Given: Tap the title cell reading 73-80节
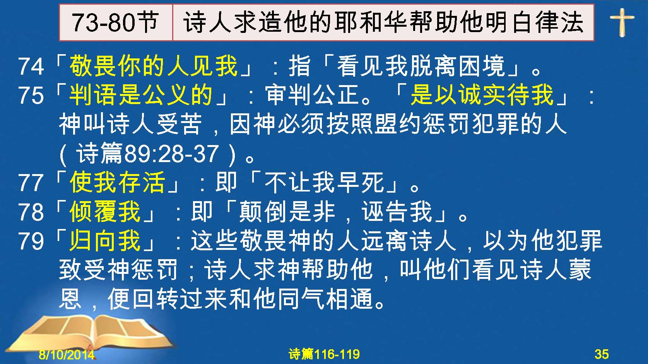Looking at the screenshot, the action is (116, 22).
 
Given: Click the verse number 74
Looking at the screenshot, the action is (31, 67).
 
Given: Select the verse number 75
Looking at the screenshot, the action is (31, 96).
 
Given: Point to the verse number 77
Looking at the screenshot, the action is (31, 183).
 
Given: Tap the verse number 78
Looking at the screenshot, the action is (31, 212).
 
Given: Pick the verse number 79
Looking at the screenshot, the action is (31, 241).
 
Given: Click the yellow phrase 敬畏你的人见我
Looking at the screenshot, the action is (153, 66).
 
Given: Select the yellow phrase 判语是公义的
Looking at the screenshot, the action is (141, 95).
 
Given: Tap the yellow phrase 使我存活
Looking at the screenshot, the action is (117, 182).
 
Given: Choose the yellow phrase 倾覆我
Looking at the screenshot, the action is (105, 212).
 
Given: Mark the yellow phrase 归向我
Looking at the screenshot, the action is (105, 241).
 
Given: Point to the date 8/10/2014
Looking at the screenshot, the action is (67, 354).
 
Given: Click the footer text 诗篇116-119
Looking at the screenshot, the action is (324, 354).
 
